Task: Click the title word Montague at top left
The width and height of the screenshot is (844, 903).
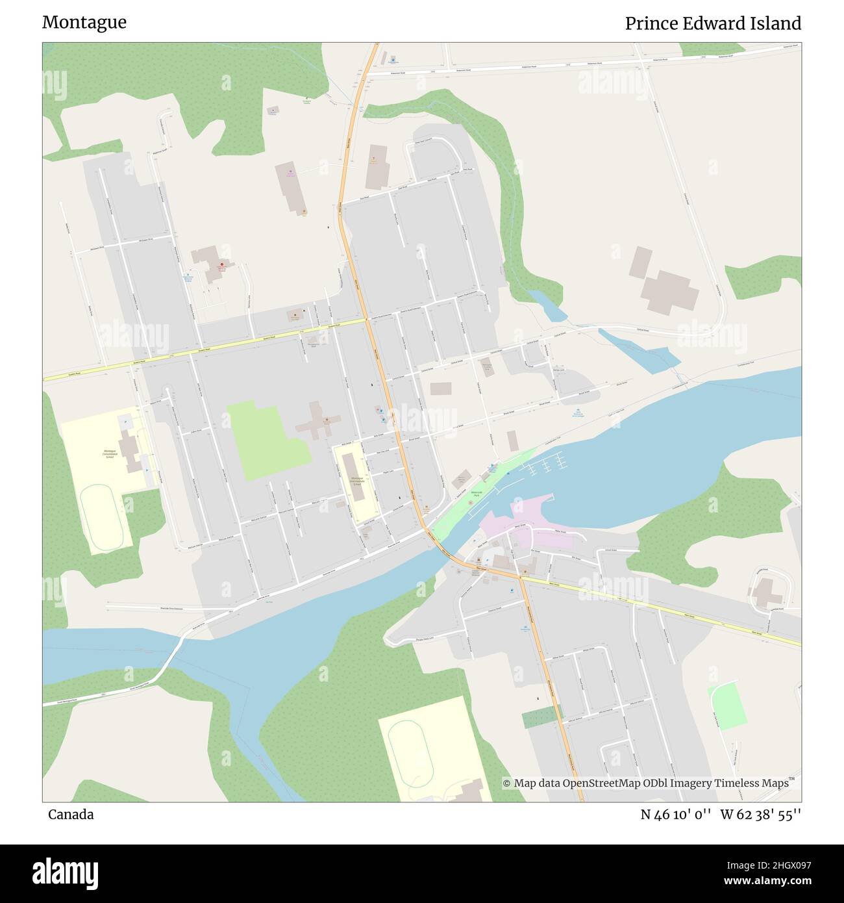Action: pyautogui.click(x=84, y=23)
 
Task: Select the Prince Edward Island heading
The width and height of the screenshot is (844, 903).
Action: pyautogui.click(x=713, y=23)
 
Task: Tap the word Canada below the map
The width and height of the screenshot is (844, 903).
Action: pyautogui.click(x=70, y=815)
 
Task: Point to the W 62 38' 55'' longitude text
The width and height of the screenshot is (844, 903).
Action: pyautogui.click(x=761, y=815)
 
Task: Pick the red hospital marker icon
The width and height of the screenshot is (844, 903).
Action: pyautogui.click(x=222, y=265)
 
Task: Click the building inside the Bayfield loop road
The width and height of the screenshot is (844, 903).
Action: pyautogui.click(x=767, y=593)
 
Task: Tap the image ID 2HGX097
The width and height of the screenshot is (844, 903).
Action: pyautogui.click(x=776, y=865)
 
